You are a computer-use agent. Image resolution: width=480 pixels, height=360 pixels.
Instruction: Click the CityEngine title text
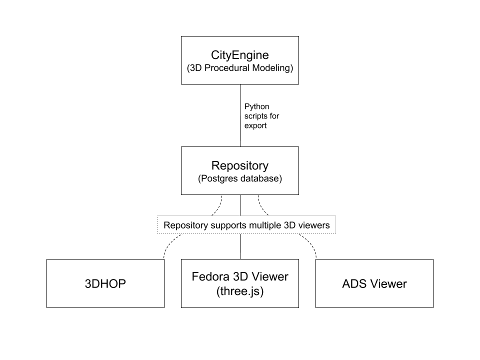click(x=240, y=55)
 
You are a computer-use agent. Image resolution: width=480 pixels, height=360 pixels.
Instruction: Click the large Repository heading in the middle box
click(x=240, y=165)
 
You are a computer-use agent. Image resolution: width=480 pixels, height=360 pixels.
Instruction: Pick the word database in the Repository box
click(x=261, y=178)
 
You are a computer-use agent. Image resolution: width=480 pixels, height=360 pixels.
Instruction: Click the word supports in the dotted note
click(x=228, y=225)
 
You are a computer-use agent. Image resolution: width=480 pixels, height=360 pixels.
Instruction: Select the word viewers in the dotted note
click(x=314, y=225)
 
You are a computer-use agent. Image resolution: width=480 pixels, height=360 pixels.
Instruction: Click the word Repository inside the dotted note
click(x=185, y=225)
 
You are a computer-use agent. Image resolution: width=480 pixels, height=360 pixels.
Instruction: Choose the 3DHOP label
click(x=105, y=284)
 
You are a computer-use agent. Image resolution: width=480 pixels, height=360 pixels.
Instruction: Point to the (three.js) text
click(x=240, y=291)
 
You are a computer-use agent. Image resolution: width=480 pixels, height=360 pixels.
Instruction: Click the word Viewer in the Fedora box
click(x=270, y=276)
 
